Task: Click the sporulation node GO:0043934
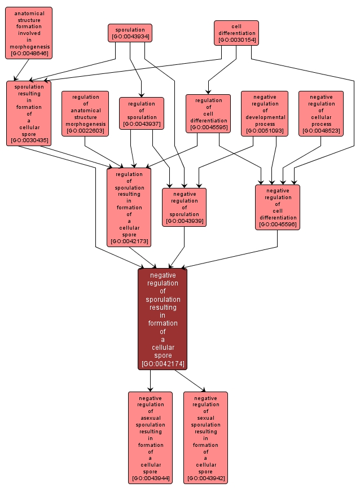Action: click(130, 33)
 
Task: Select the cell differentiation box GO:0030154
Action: click(236, 33)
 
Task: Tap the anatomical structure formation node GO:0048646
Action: click(29, 33)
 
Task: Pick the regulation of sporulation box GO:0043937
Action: click(141, 113)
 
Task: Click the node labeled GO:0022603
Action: click(85, 113)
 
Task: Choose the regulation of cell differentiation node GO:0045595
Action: click(208, 113)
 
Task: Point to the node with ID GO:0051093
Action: click(265, 113)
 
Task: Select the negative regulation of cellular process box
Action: click(321, 113)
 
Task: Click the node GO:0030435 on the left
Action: click(29, 113)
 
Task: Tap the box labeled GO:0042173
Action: click(129, 207)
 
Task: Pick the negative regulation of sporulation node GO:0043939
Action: click(184, 207)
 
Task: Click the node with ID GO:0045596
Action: click(278, 207)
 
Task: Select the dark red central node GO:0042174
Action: click(163, 319)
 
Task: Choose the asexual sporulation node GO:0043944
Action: click(150, 437)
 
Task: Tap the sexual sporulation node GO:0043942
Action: click(205, 437)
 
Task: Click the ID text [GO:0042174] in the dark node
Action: click(163, 364)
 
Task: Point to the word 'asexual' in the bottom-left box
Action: click(150, 418)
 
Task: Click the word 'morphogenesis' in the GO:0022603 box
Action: click(85, 124)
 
